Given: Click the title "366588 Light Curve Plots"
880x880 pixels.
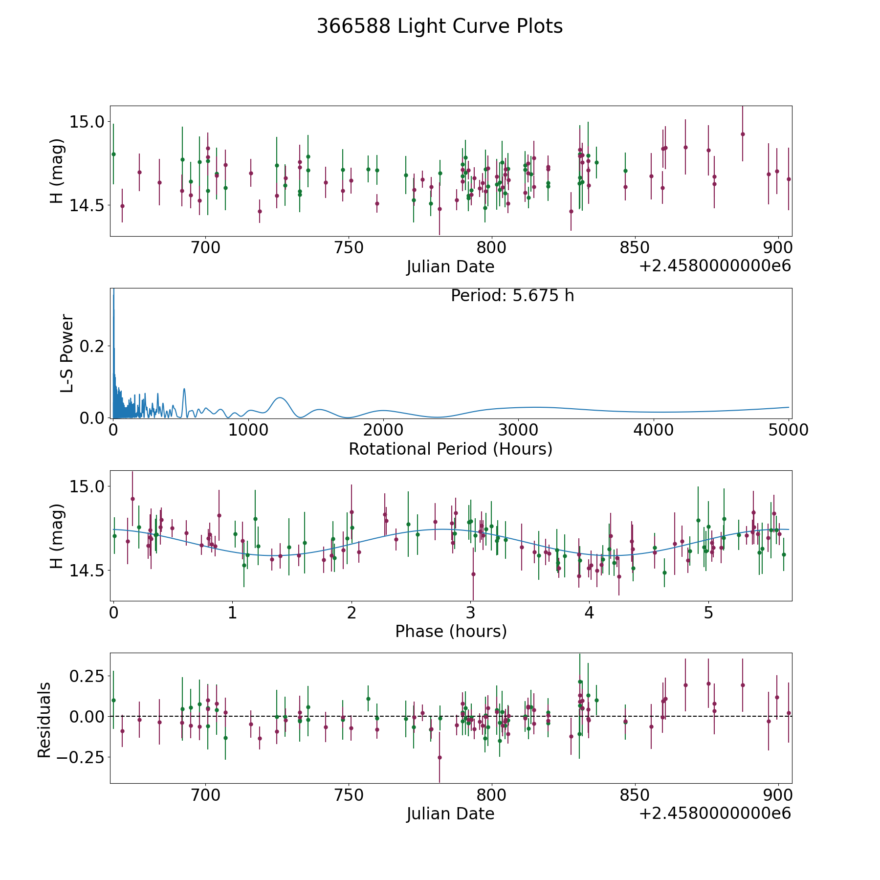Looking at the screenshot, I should click(440, 26).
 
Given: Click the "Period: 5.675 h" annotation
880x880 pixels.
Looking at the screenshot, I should click(512, 296).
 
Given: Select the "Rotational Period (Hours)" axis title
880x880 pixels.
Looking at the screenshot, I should click(450, 449).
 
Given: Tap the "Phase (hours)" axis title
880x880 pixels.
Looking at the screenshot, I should click(450, 631).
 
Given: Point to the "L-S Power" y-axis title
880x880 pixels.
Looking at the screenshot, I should click(67, 353).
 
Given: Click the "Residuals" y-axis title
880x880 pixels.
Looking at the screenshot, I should click(44, 720).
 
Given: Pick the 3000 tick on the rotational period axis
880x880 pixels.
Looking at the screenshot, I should click(518, 430).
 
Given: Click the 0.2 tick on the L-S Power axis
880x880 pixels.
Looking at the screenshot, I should click(92, 346).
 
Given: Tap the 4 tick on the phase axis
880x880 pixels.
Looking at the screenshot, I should click(590, 613).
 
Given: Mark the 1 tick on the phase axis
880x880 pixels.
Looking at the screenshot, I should click(232, 613).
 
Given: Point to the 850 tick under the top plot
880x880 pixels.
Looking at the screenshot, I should click(635, 248).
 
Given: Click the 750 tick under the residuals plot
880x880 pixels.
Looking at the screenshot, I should click(349, 795).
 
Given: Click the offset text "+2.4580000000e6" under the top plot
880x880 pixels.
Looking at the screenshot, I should click(715, 266).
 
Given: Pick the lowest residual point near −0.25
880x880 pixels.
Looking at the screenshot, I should click(440, 757).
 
